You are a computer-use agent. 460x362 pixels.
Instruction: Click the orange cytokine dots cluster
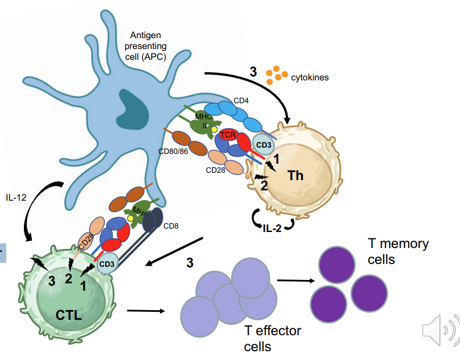point(276,73)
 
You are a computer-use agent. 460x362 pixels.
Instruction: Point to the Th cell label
point(295,175)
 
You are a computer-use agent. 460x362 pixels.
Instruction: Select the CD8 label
point(171,226)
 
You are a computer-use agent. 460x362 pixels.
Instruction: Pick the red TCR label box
point(228,135)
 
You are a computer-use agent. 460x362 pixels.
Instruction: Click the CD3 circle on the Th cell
point(263,144)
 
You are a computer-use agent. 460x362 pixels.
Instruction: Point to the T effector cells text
point(272,338)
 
